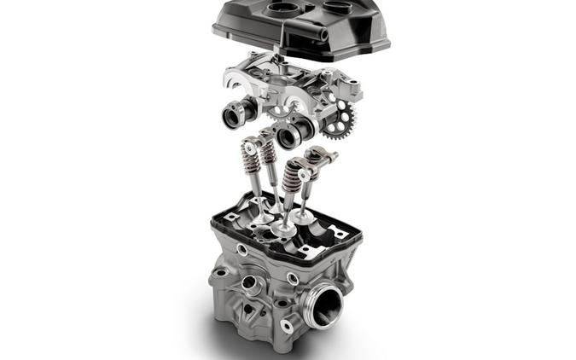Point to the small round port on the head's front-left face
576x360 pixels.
248,282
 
